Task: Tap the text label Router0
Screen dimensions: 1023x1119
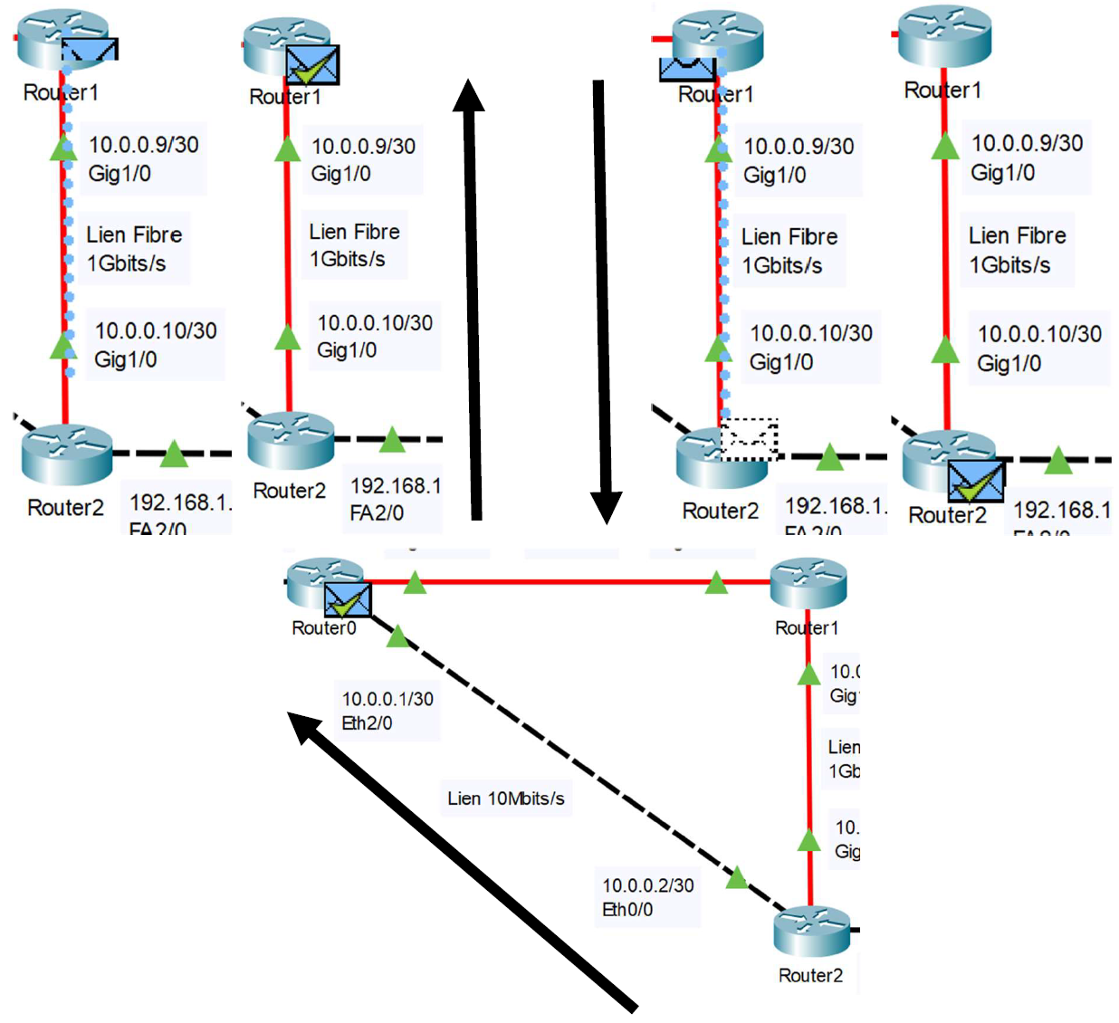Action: pos(323,628)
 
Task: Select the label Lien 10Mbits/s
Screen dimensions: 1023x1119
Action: pos(505,798)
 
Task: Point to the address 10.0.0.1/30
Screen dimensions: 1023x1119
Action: pos(387,699)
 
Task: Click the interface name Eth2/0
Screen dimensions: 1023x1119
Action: pos(367,723)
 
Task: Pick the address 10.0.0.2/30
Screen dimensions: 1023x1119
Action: pos(647,885)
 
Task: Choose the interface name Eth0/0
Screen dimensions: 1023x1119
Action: pos(626,910)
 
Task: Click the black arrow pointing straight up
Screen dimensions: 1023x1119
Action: pos(472,299)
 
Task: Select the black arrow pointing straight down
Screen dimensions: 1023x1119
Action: pos(602,299)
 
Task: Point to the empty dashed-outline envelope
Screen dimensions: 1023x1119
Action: pos(750,439)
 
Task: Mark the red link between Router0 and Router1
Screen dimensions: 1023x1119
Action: pos(566,582)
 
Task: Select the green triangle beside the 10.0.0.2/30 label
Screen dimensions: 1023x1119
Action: pos(737,877)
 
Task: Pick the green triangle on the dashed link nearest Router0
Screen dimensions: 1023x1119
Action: pos(397,636)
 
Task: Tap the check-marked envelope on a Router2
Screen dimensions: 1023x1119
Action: pos(976,481)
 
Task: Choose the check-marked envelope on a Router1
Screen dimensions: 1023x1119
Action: pos(312,65)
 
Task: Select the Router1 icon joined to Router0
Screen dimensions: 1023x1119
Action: pos(808,584)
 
